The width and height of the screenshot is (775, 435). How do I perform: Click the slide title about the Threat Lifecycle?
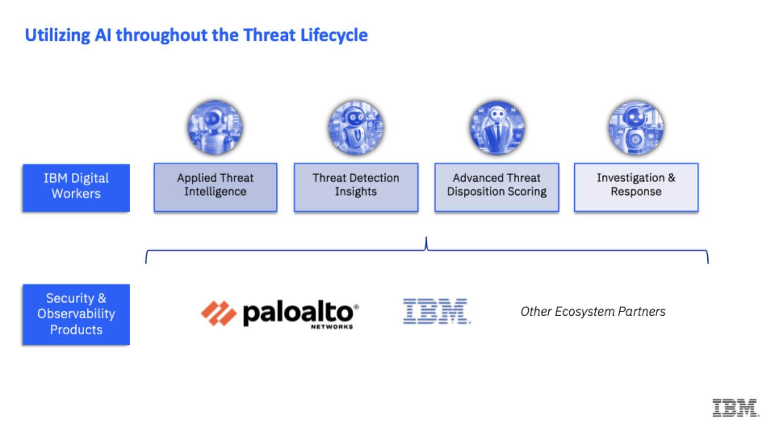[196, 35]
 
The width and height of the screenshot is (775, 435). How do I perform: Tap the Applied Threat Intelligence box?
[215, 187]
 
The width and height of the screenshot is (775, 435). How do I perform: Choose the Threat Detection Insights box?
[356, 187]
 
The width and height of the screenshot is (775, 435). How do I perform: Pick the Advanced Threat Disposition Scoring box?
[497, 187]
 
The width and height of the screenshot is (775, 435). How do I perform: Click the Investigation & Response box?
[636, 187]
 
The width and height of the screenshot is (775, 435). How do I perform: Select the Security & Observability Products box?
[76, 314]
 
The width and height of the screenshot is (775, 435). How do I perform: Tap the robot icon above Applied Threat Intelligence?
[215, 127]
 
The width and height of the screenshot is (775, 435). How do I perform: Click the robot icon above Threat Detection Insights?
[356, 127]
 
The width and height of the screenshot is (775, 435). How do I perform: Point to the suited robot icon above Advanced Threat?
[497, 127]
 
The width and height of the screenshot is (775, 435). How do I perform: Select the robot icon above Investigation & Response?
[636, 127]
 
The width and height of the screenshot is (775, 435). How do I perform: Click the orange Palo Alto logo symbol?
[219, 313]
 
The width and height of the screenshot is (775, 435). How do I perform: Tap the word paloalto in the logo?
[298, 313]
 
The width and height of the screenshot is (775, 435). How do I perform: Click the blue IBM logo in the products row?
[436, 311]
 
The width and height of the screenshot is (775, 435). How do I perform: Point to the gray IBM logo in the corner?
[735, 407]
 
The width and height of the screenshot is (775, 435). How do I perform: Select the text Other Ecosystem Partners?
[593, 312]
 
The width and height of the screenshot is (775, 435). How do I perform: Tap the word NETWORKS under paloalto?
[332, 327]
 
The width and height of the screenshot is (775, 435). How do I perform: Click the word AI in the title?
[103, 35]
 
